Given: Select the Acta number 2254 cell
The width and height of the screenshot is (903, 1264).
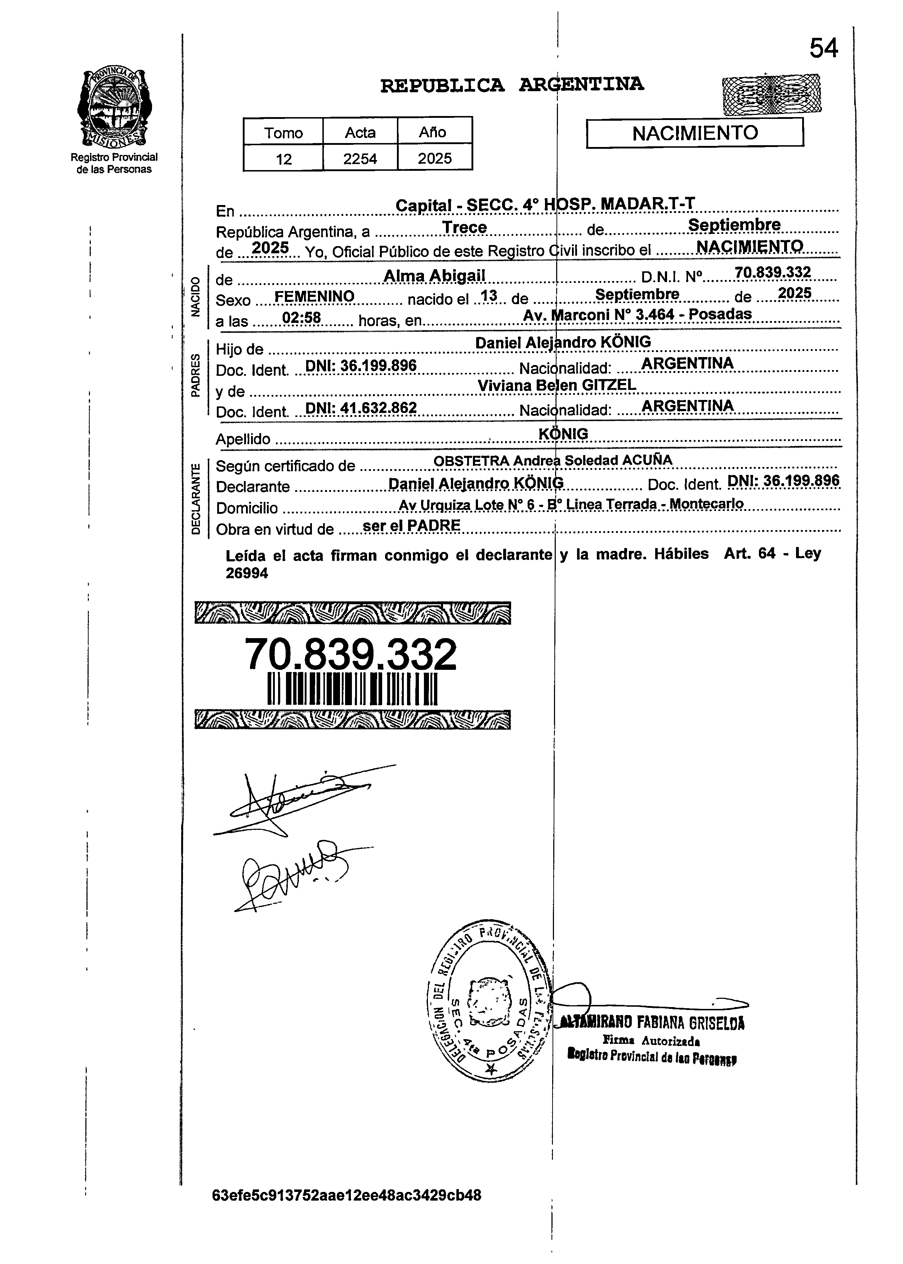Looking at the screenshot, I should (360, 159).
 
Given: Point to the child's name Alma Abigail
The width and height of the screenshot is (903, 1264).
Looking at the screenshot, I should (434, 276).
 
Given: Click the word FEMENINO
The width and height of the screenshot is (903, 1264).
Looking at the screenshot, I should (314, 297).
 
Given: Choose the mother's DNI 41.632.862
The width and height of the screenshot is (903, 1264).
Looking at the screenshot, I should (361, 408).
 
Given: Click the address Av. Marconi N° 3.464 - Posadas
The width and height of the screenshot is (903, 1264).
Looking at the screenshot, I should (637, 314).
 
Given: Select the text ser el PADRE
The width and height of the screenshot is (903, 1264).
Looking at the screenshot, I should (411, 525).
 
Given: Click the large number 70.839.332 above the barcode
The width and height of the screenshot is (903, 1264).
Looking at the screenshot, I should (350, 655).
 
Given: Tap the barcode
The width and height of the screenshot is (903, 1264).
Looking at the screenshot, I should (353, 689).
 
